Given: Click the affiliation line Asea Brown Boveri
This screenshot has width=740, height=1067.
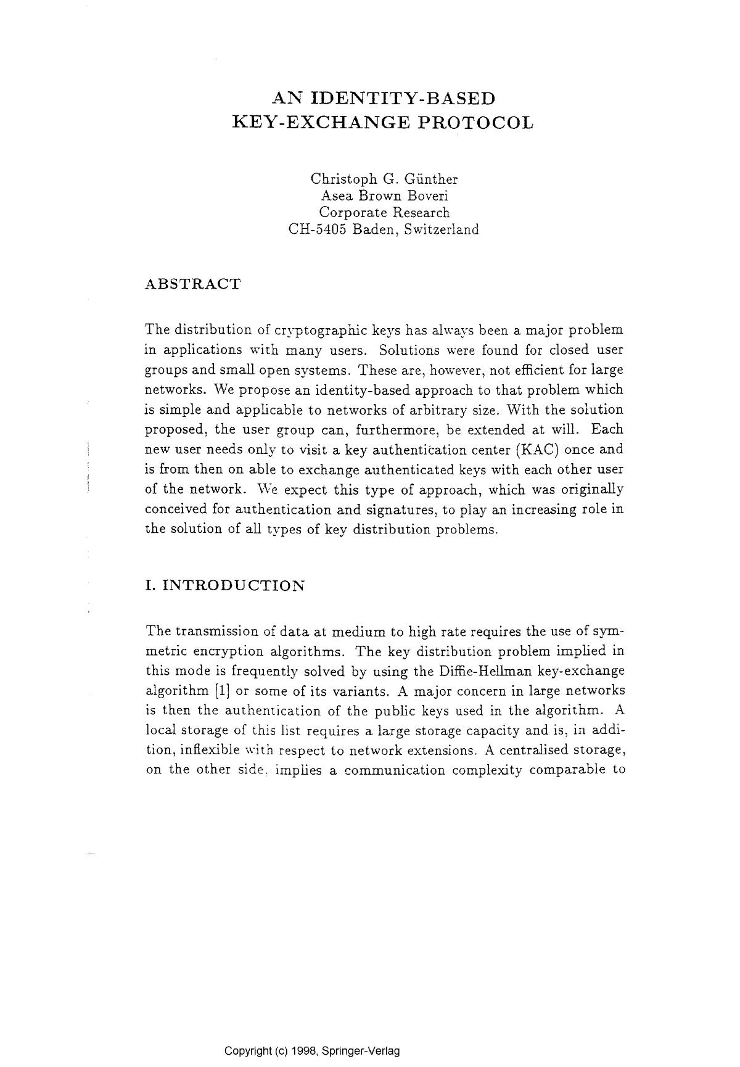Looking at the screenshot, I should (384, 196).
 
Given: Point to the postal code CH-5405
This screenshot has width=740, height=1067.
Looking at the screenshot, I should (318, 229).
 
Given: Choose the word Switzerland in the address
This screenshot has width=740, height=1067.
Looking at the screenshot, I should (441, 229).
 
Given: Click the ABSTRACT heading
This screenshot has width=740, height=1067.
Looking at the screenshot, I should (192, 284).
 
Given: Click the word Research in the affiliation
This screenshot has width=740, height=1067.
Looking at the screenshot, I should (417, 212).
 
